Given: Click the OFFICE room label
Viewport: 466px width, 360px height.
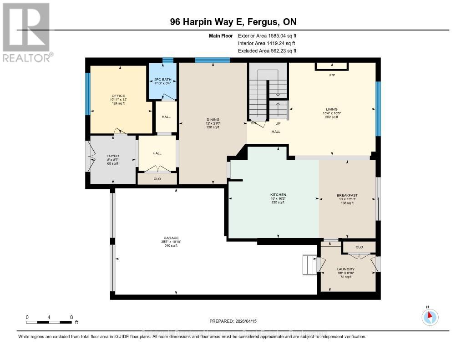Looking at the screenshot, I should [117, 96].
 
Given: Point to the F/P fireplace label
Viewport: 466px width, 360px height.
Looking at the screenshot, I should [332, 75].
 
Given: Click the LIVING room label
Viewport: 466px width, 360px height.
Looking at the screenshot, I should [332, 110].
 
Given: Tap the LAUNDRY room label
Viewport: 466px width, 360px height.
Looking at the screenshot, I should [346, 269].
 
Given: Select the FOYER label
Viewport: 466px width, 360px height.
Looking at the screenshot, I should [112, 156].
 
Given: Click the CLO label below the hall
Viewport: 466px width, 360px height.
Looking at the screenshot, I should [157, 179].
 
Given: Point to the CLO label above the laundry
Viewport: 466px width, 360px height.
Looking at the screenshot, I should [359, 247].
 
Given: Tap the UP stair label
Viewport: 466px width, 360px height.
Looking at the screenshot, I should [277, 123].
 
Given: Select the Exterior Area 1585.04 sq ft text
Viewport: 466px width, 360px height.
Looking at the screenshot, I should [267, 35].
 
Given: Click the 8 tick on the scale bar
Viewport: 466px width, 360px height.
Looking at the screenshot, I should [71, 317].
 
